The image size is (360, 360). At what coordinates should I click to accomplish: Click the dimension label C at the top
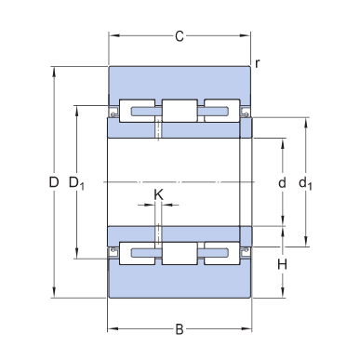180,36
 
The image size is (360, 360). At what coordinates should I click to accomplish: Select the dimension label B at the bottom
180,329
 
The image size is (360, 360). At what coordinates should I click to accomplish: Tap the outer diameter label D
54,182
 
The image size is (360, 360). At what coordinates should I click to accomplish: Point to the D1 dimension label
76,183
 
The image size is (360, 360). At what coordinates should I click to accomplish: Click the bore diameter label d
282,182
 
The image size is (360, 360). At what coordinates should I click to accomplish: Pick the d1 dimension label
305,183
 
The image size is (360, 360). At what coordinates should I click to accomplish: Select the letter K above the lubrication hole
158,195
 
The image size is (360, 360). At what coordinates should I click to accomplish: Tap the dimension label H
282,265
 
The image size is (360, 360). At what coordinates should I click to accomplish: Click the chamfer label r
257,63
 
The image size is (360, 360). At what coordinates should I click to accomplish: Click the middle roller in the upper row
180,111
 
